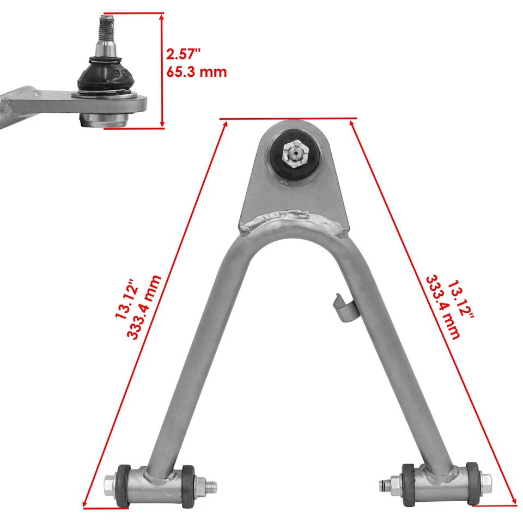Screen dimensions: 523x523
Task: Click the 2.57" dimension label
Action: pyautogui.click(x=184, y=54)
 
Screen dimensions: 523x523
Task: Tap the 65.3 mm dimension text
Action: pyautogui.click(x=196, y=71)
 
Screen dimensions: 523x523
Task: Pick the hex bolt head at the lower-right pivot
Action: pyautogui.click(x=486, y=482)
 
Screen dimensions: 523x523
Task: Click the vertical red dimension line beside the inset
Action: pyautogui.click(x=162, y=71)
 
